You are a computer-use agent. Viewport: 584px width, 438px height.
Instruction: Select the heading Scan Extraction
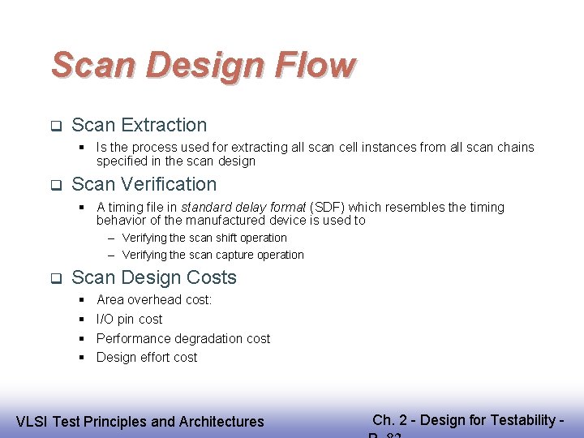point(140,125)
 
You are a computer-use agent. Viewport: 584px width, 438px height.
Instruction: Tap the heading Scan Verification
point(144,184)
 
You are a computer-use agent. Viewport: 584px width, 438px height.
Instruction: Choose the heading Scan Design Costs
point(154,277)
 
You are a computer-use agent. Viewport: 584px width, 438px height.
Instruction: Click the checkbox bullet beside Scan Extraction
point(56,126)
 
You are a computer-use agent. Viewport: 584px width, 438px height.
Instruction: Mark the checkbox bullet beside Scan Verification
point(56,185)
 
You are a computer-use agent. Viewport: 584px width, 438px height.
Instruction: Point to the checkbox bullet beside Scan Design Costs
point(56,278)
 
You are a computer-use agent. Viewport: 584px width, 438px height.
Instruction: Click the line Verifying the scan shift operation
point(204,238)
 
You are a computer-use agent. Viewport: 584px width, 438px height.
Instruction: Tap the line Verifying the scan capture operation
point(213,255)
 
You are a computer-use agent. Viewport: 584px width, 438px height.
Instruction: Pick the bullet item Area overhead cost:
point(154,300)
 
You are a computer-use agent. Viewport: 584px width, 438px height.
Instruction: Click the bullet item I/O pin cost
point(129,320)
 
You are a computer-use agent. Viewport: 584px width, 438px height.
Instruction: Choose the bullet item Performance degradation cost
point(183,338)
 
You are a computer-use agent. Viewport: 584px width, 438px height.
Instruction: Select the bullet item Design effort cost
point(147,358)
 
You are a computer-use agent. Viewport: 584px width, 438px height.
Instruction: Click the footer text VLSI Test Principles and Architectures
point(140,421)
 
